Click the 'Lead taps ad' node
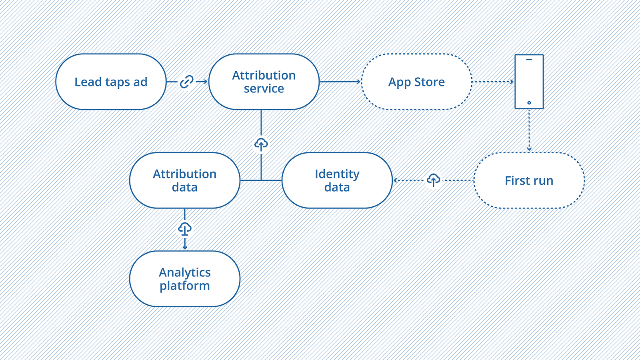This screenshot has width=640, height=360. pos(111,82)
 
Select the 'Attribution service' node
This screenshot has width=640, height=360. pos(264,82)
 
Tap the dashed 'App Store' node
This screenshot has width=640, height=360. pos(416,82)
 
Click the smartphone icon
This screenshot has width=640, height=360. pos(529,82)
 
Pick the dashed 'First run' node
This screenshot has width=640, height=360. pos(529,180)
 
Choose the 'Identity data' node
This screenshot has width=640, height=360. pos(337,180)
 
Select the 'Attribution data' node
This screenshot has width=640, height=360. pos(184,180)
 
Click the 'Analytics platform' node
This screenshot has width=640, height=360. pos(184,279)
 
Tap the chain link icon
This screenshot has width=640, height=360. pos(186,82)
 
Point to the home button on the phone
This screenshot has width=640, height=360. pos(529,103)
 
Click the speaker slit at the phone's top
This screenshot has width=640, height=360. pos(529,60)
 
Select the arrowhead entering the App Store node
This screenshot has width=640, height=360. pos(359,82)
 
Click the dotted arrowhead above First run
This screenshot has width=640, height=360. pos(529,149)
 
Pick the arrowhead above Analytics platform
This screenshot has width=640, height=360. pos(185,248)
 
